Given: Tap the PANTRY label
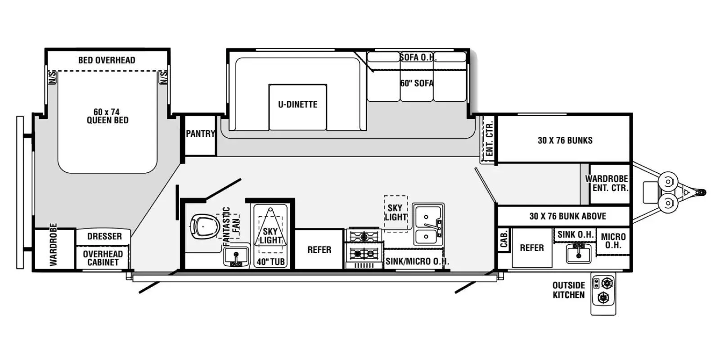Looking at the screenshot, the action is click(200, 133).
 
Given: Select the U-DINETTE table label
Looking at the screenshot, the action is click(297, 104).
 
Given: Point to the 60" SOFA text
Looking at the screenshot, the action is click(417, 83).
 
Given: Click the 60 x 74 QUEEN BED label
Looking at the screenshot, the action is click(108, 116).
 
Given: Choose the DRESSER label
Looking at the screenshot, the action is click(104, 236).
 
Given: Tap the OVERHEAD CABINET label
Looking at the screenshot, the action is click(103, 258).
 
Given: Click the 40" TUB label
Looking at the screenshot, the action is click(270, 262).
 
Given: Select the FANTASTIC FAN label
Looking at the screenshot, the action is click(231, 226).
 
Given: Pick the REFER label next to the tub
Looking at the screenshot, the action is click(319, 250).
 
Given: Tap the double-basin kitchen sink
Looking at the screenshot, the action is click(428, 224).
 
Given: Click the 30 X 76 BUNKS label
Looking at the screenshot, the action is click(565, 140).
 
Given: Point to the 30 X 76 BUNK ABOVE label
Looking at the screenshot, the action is click(567, 216).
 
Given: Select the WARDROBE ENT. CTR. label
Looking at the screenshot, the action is click(607, 183).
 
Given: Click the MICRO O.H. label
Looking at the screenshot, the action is click(613, 241).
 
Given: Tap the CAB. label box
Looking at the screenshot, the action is click(504, 239).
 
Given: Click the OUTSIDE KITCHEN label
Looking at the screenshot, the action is click(569, 290).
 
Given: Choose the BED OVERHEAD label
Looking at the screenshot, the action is click(107, 60).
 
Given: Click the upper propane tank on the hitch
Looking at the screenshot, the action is click(668, 182).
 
